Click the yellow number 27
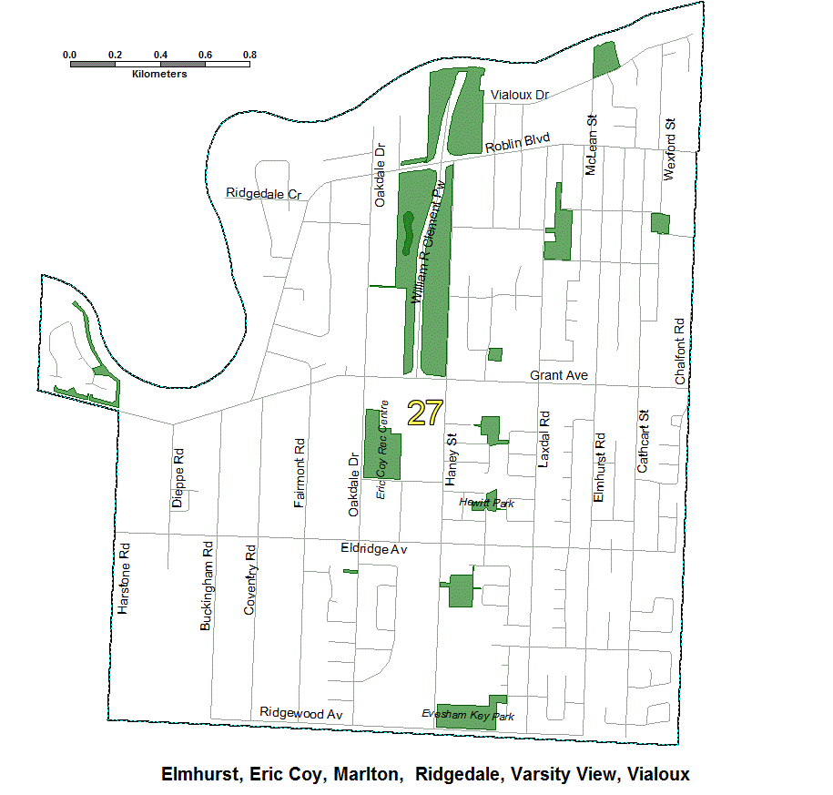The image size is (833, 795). coord(424,413)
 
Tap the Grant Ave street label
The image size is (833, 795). coord(559,375)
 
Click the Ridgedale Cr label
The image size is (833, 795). coord(263,194)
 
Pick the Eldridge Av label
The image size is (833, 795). coord(373,550)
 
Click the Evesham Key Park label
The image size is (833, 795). coord(468,716)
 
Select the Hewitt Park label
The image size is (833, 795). coord(487,503)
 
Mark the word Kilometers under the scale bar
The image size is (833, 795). coord(159,74)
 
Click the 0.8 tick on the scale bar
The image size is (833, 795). coord(249,55)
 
